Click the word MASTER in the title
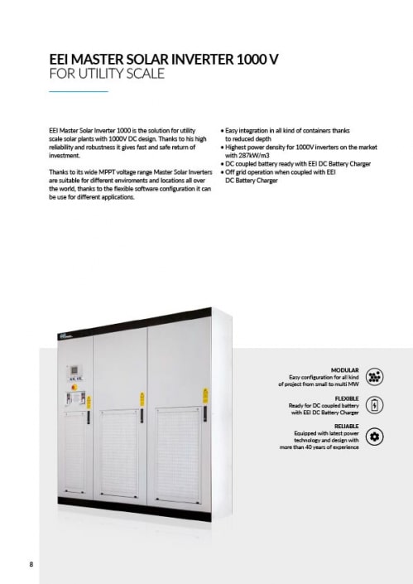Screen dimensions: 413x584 [98, 60]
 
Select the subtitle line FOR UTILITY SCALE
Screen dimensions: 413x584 [107, 74]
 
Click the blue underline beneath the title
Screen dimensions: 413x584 [79, 90]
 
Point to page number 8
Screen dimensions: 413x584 [31, 565]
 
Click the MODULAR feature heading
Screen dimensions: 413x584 [344, 369]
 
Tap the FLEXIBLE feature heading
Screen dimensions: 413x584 [346, 398]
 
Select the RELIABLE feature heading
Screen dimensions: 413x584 [346, 427]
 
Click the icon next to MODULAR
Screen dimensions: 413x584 [374, 376]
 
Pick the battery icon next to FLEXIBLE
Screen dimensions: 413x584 [374, 405]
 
